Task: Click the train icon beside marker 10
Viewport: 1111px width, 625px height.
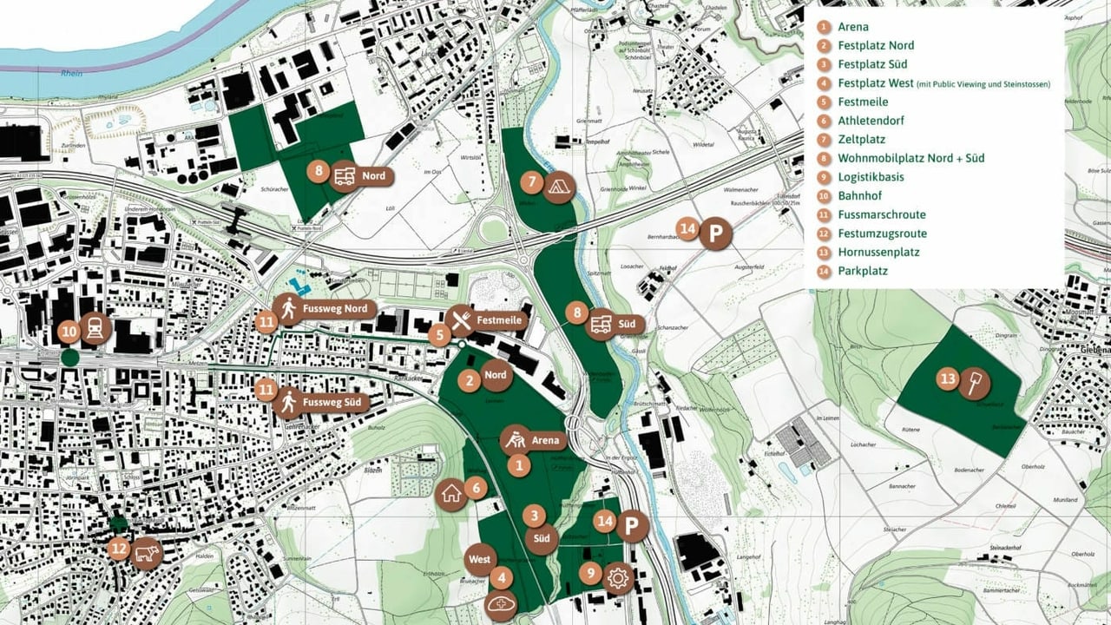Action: [95, 329]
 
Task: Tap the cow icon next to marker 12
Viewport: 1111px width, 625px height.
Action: [148, 552]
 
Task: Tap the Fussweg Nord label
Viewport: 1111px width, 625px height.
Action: [337, 308]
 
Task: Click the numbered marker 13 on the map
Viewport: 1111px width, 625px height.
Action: [947, 378]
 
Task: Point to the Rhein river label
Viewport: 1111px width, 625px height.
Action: [71, 74]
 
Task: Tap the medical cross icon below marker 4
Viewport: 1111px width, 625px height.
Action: [502, 604]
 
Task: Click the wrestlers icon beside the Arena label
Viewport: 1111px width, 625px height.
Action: [516, 438]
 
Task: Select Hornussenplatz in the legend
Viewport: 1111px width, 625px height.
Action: [878, 253]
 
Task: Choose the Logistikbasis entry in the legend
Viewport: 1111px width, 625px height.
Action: [871, 177]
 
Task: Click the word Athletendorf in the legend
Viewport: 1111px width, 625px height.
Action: [869, 121]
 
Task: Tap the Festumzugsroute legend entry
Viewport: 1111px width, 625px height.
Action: [882, 234]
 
